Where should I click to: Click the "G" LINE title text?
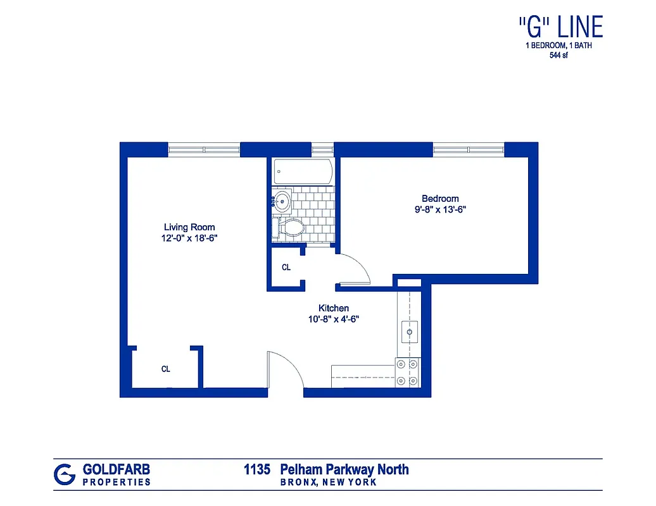tap(560, 27)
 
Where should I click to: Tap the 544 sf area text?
tap(558, 55)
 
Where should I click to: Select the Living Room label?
tap(189, 227)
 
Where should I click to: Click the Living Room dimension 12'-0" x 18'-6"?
tap(189, 238)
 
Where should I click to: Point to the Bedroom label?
tap(440, 199)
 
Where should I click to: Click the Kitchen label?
tap(333, 308)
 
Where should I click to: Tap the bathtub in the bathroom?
tap(303, 171)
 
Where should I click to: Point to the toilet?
tap(289, 227)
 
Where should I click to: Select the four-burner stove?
tap(407, 373)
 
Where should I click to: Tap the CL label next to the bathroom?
tap(286, 268)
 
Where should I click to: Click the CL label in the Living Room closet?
tap(166, 369)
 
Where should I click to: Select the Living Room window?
tap(204, 150)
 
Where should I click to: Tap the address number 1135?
tap(257, 470)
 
